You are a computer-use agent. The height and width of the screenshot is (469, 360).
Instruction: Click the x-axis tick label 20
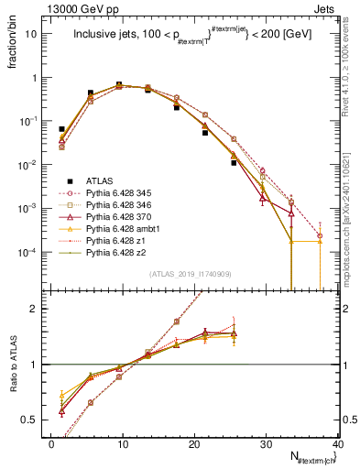click(194, 443)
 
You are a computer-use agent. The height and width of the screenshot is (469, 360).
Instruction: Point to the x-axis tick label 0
click(51, 443)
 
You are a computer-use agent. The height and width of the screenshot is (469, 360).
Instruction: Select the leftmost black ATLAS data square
click(61, 130)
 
